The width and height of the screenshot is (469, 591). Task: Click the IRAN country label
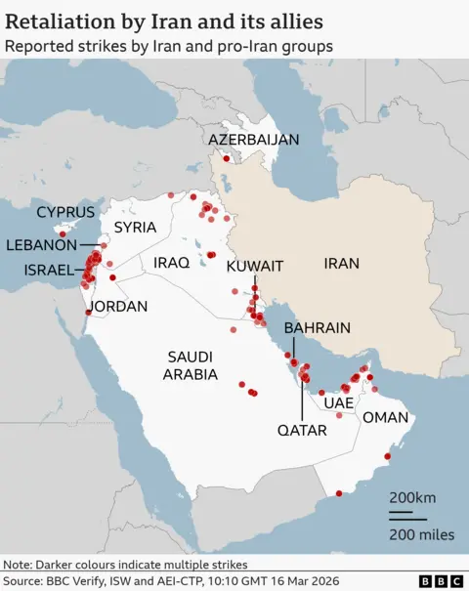[x=342, y=263]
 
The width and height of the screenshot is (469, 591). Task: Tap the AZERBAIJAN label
[x=254, y=140]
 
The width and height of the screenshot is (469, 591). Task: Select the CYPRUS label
[x=65, y=212]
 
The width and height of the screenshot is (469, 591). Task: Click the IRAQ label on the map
[x=171, y=263]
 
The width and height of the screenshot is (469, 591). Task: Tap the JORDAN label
[x=117, y=307]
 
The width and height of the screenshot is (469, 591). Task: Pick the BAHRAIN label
[x=317, y=328]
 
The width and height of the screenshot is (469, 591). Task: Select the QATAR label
[x=302, y=429]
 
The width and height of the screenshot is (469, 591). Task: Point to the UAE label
[x=337, y=402]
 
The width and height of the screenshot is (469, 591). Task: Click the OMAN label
[x=386, y=417]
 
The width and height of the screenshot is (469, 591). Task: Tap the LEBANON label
[x=42, y=245]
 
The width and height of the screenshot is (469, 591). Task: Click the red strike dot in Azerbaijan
[x=227, y=158]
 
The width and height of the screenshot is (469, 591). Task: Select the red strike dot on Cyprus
[x=62, y=233]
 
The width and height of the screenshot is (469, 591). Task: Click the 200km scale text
[x=412, y=497]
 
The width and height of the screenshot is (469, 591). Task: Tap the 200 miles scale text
[x=421, y=533]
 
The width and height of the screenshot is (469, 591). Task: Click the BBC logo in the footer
[x=440, y=580]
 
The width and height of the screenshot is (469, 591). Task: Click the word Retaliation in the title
[x=58, y=20]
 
